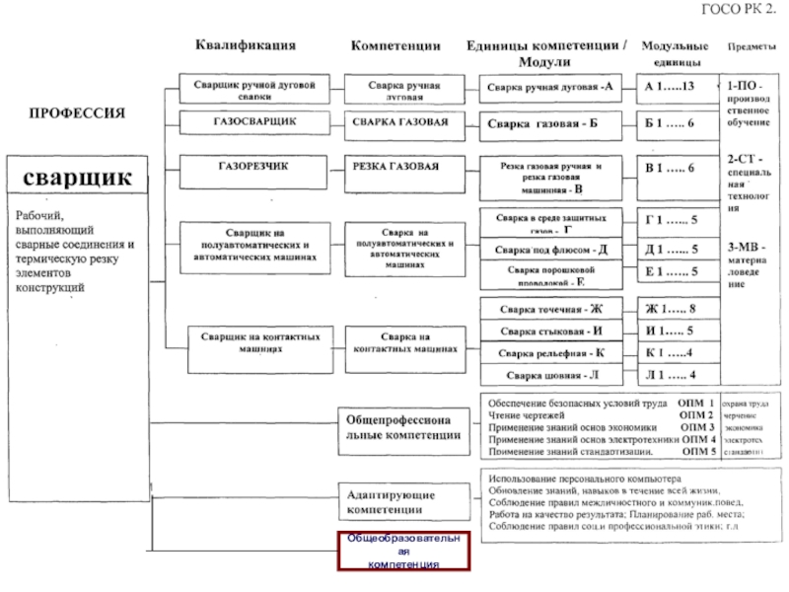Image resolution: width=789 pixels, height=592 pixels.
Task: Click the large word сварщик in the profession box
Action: (x=77, y=178)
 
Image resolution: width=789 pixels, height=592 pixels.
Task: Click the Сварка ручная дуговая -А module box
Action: (x=550, y=87)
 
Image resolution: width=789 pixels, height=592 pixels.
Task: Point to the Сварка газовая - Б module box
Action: (x=550, y=124)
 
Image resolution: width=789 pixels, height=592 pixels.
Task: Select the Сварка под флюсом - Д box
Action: (x=550, y=250)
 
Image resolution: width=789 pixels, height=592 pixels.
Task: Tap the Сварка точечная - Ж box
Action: (x=550, y=309)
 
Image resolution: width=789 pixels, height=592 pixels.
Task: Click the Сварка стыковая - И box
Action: (x=550, y=332)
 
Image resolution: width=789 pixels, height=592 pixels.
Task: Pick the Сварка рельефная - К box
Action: (x=550, y=353)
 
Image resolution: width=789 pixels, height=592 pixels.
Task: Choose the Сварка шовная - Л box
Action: (x=550, y=375)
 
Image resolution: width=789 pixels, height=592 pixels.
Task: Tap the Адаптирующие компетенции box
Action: (x=404, y=499)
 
